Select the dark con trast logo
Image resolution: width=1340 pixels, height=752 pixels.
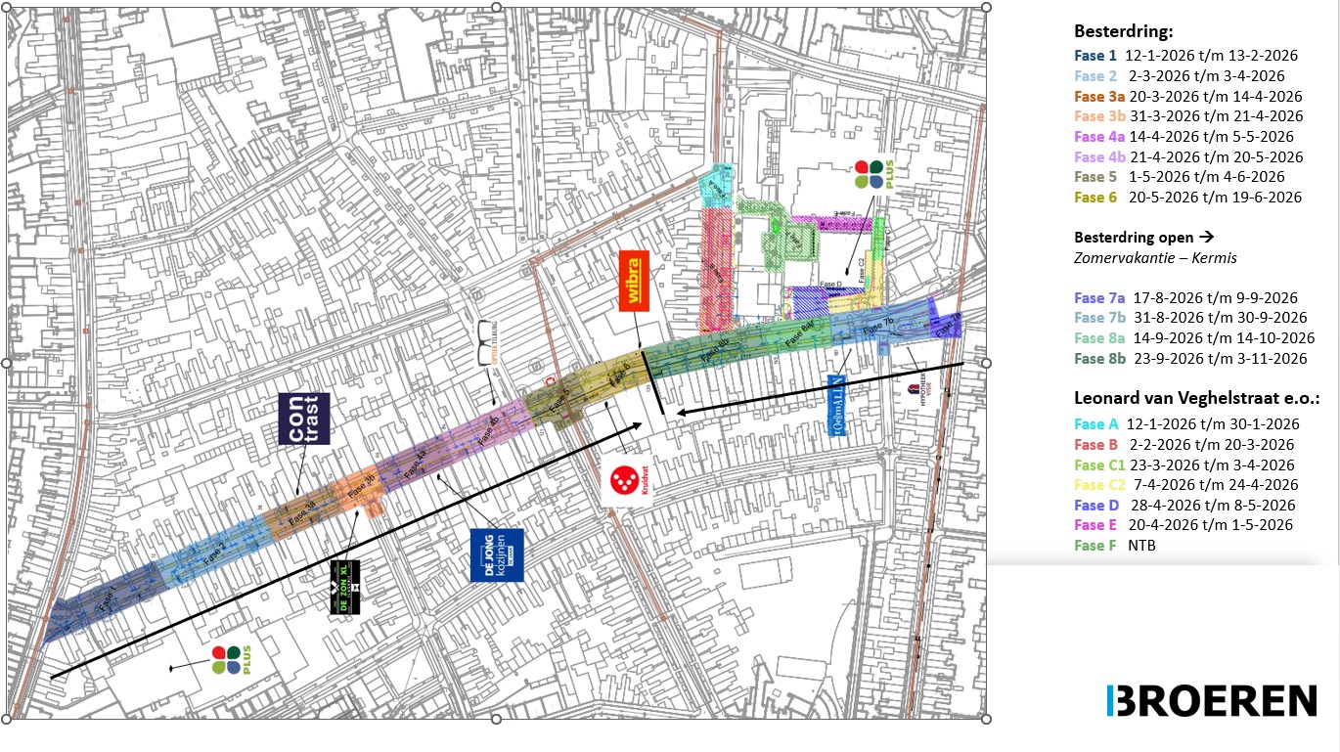pyautogui.click(x=304, y=419)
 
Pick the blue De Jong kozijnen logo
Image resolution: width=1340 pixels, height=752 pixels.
pyautogui.click(x=497, y=555)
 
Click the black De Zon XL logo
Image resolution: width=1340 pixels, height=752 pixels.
pyautogui.click(x=344, y=588)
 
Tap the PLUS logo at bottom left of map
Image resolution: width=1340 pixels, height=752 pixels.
pyautogui.click(x=225, y=659)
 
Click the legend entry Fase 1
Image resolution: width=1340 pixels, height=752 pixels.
pyautogui.click(x=1095, y=56)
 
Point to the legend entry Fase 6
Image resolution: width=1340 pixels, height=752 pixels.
pyautogui.click(x=1095, y=197)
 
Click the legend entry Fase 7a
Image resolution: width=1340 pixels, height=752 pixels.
pyautogui.click(x=1099, y=297)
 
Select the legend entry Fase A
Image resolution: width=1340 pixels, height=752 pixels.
pyautogui.click(x=1096, y=423)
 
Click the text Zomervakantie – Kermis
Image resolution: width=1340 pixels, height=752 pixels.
pyautogui.click(x=1155, y=257)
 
